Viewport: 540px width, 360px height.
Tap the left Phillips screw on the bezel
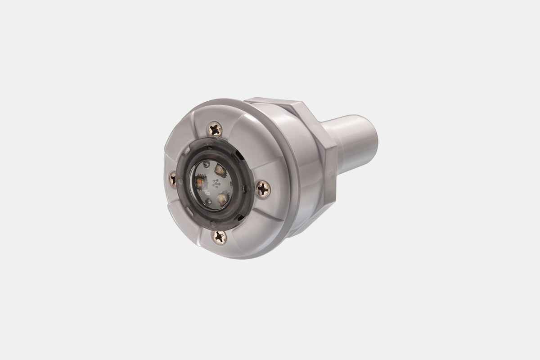click(172, 179)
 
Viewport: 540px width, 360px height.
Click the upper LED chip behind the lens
click(220, 170)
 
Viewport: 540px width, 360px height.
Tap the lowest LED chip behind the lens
click(223, 198)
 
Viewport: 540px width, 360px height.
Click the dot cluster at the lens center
click(216, 183)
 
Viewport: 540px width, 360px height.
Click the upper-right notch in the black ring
click(239, 155)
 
